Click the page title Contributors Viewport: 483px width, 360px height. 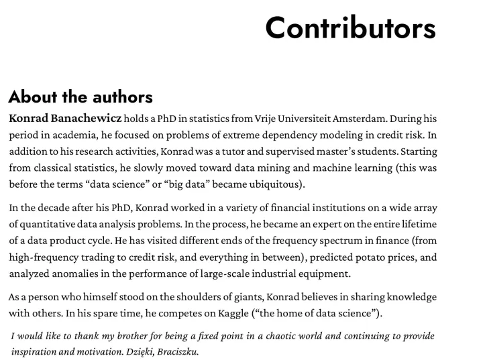coord(350,28)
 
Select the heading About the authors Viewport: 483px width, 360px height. coord(80,97)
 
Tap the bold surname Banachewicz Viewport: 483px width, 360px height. coord(87,119)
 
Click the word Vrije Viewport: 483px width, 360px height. coord(267,119)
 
